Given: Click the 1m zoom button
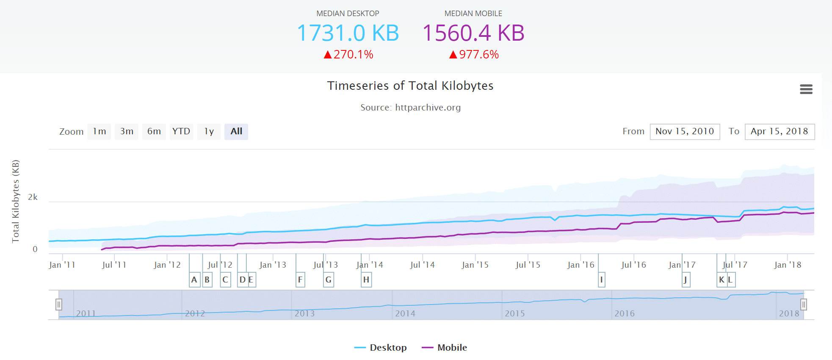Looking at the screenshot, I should [x=99, y=132].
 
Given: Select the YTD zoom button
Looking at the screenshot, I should [x=181, y=132].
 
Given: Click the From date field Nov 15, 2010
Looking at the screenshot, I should [x=685, y=132].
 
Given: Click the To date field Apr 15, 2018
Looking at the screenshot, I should [x=779, y=132].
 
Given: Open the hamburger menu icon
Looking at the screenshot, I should [x=806, y=89].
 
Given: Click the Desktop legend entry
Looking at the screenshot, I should [x=381, y=348].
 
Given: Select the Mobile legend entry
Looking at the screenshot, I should [x=445, y=348].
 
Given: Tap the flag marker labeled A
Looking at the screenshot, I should [x=194, y=280].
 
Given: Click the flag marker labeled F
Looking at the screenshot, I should [x=300, y=280].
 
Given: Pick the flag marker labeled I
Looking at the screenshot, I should [x=601, y=280].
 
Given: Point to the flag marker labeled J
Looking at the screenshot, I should [x=686, y=280].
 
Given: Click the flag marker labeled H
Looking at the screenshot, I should [x=366, y=280].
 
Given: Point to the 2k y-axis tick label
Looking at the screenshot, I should [x=33, y=197].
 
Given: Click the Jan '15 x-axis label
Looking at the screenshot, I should [x=475, y=265].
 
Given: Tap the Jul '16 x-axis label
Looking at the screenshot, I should [x=633, y=265].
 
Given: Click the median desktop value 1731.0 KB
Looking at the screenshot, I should [x=348, y=33].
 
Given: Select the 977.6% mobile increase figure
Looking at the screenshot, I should [x=474, y=55].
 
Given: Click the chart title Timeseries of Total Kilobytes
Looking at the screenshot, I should [x=410, y=86].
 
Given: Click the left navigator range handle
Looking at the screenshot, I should [x=59, y=305].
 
